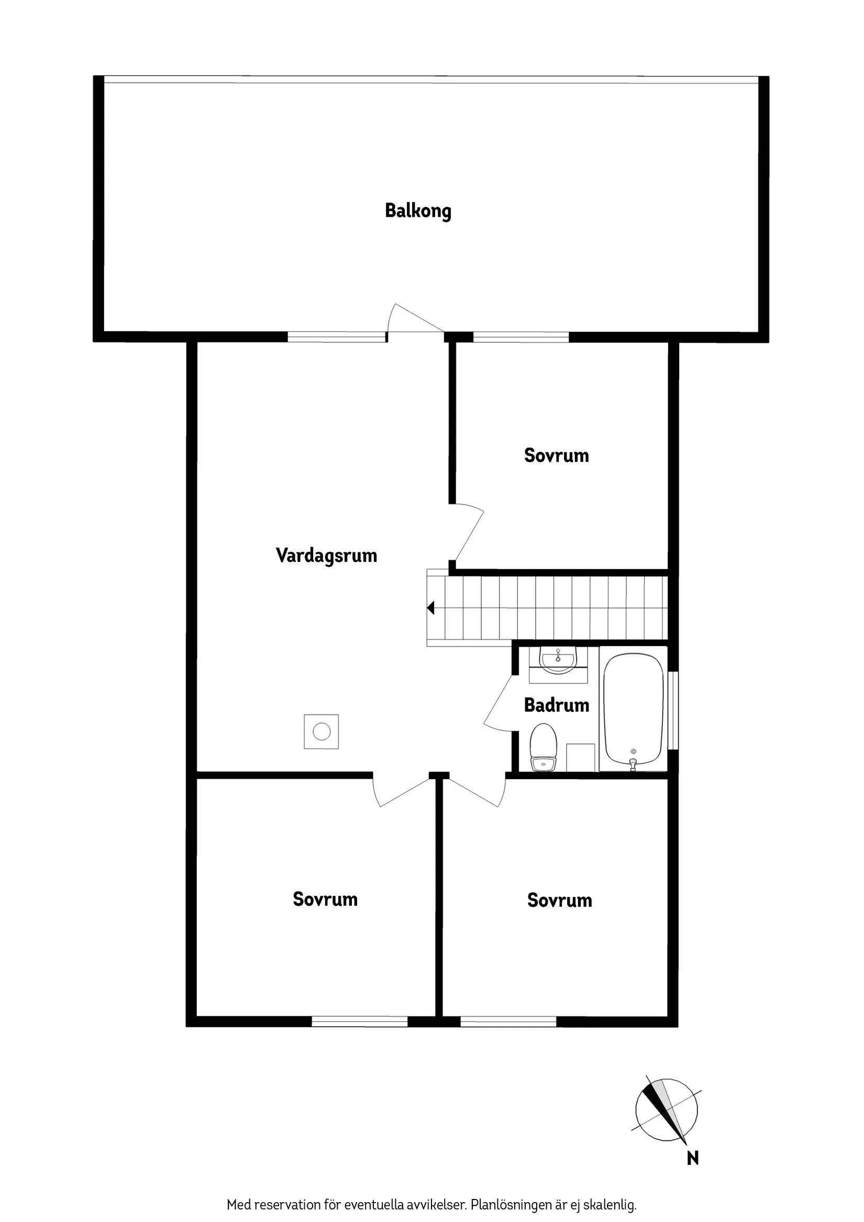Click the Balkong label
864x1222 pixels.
pos(418,211)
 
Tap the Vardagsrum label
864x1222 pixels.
pos(326,556)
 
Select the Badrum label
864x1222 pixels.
pos(556,705)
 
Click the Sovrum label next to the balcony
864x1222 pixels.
pos(556,456)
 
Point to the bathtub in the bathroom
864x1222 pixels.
pos(634,708)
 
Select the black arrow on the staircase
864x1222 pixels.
pos(430,607)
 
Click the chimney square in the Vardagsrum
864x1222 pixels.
pos(322,732)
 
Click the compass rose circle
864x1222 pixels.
pos(666,1110)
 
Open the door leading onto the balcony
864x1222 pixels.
pos(416,320)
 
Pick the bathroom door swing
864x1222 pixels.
pos(499,703)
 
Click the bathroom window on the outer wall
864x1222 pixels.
pos(673,710)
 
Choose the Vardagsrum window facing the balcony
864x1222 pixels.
pos(337,336)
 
